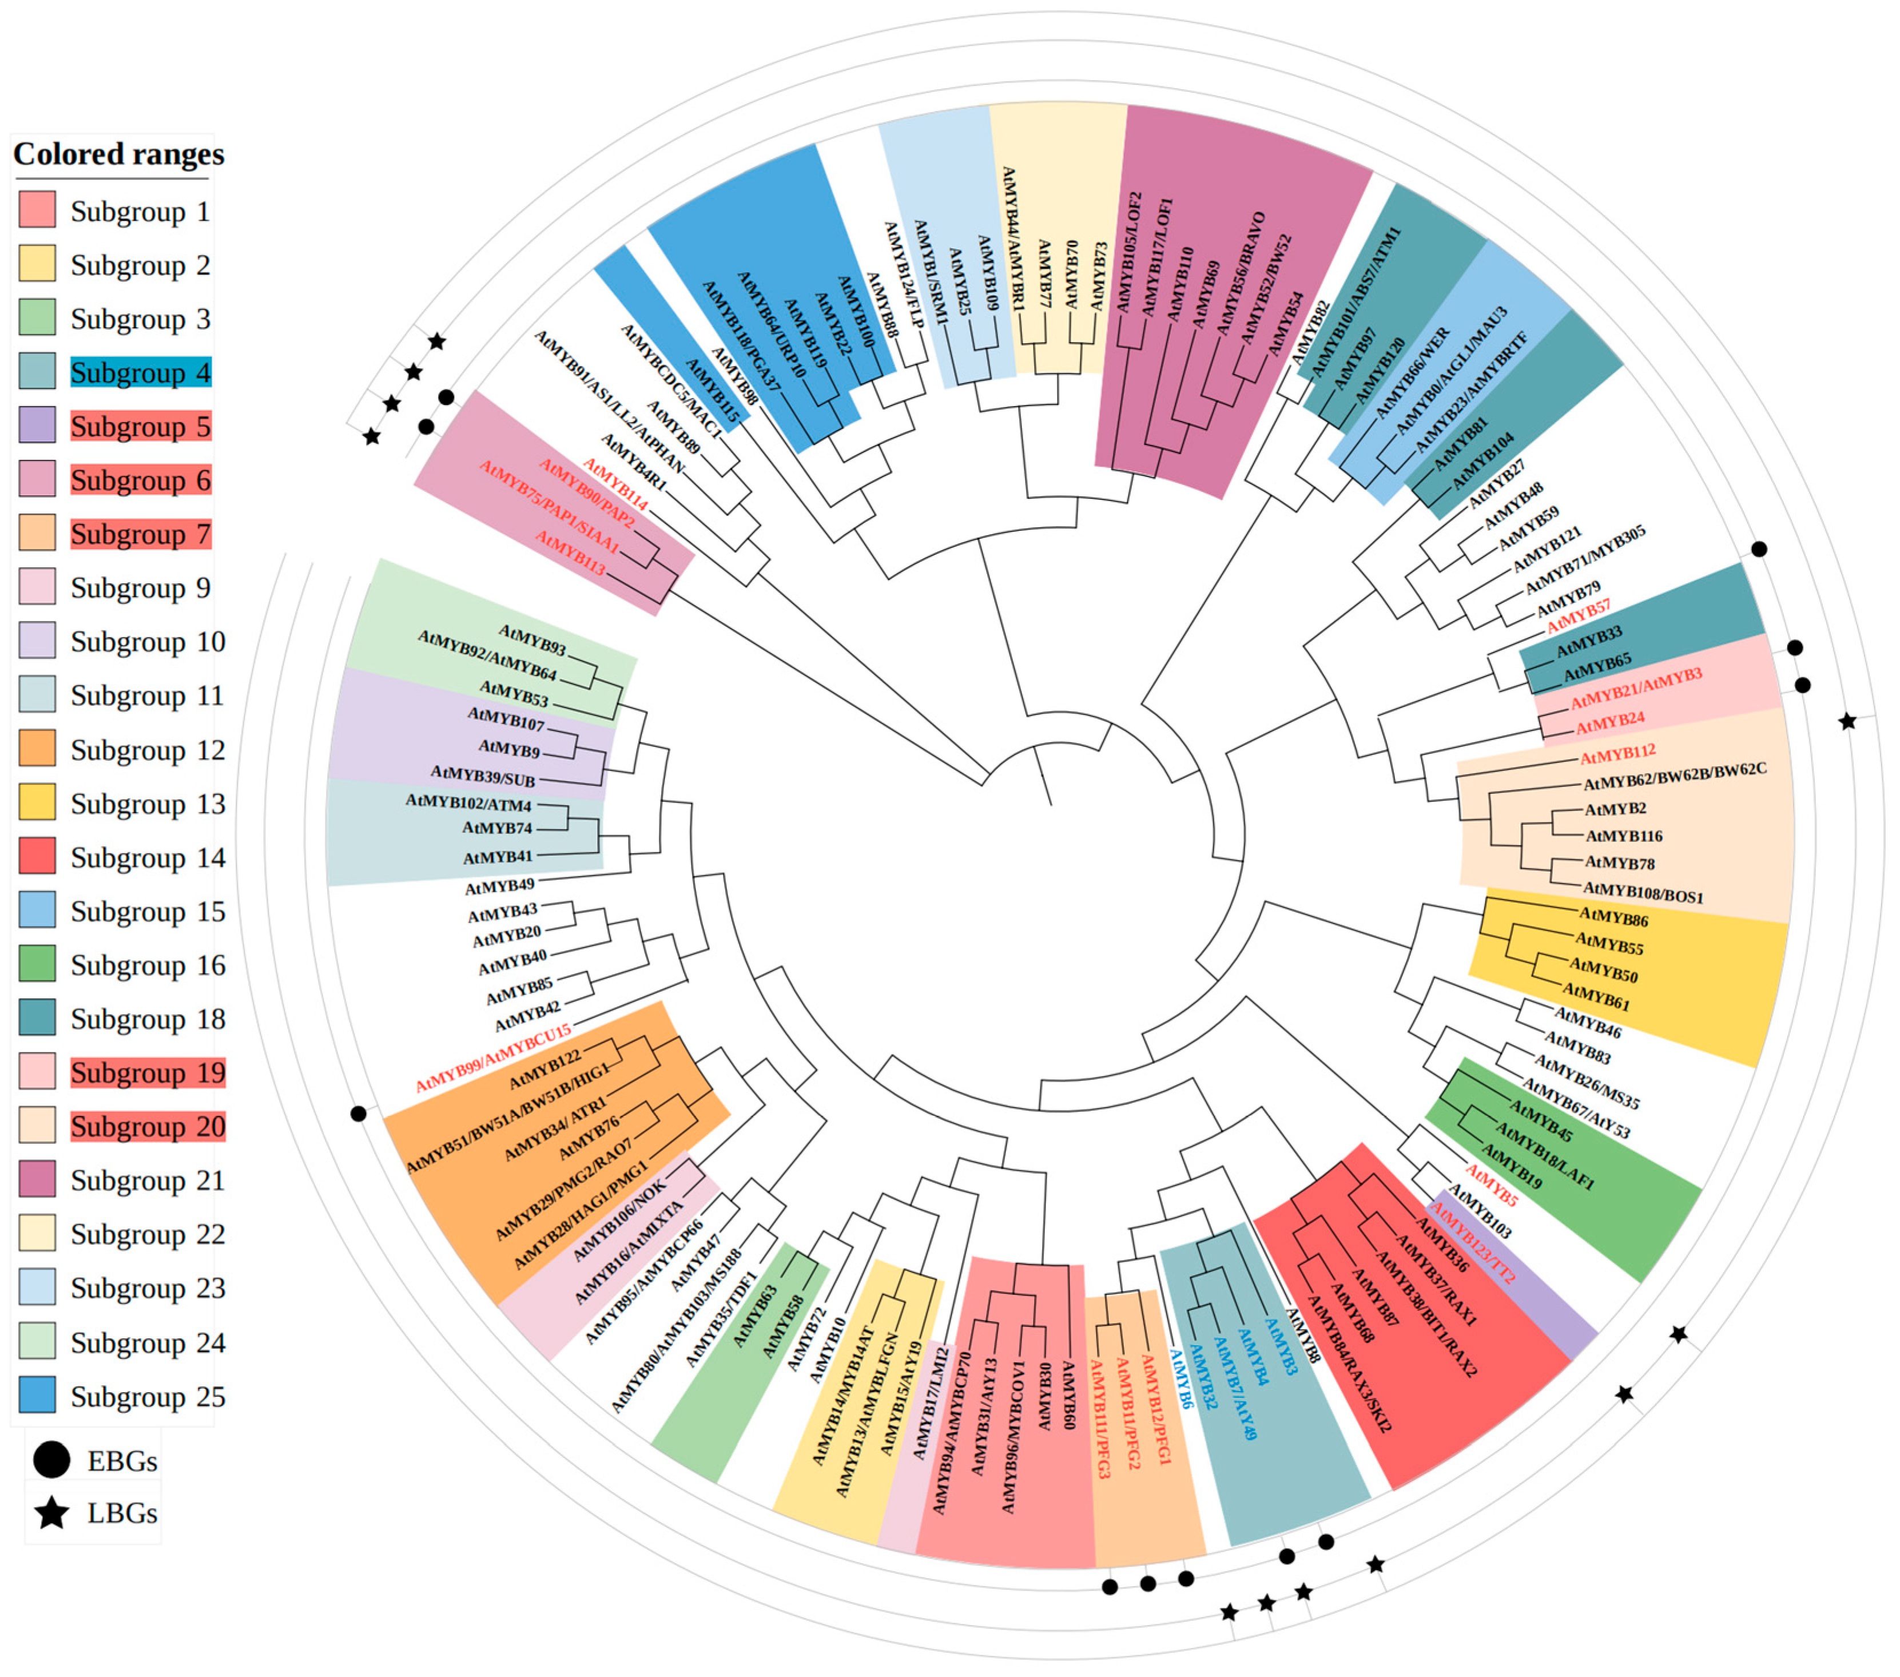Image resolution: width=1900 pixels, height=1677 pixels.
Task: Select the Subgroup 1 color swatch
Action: point(37,210)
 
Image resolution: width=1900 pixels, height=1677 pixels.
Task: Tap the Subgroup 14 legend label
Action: point(147,857)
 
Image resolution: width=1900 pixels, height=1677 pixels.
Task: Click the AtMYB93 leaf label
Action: point(532,639)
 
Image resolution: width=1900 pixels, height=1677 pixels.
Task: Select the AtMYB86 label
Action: point(1613,919)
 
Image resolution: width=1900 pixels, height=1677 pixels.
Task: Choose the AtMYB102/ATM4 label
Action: point(468,802)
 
